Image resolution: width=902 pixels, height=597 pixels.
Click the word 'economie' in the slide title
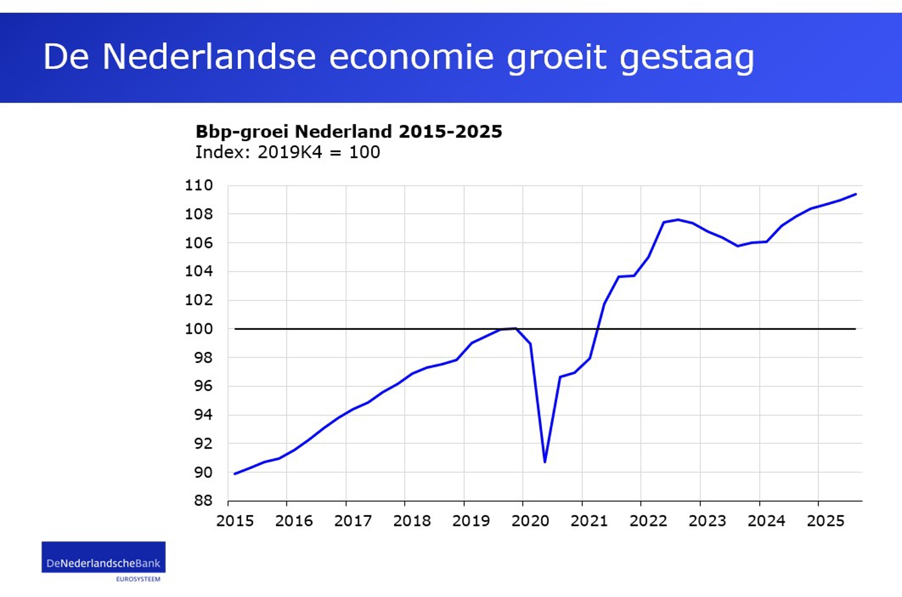[411, 57]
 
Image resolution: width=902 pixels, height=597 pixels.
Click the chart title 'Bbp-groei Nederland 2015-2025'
[348, 131]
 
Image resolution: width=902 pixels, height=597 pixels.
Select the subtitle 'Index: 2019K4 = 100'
[288, 152]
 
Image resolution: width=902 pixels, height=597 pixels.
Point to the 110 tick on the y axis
[199, 185]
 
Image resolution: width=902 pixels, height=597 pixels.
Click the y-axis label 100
[199, 329]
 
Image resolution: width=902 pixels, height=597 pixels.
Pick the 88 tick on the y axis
[203, 500]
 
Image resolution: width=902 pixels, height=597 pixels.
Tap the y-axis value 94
[203, 415]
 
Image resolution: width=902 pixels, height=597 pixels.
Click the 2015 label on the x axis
[235, 521]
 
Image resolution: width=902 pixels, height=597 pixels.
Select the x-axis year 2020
[530, 521]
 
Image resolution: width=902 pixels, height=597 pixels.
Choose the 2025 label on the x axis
[825, 521]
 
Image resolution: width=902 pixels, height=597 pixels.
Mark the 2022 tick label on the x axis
[648, 521]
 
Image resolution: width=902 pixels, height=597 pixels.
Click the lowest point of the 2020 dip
[545, 462]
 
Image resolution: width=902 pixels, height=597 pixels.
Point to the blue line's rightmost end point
[856, 194]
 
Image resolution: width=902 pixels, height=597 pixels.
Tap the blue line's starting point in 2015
[235, 474]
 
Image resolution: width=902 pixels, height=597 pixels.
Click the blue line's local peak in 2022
[678, 220]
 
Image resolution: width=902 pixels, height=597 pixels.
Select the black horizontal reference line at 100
[395, 329]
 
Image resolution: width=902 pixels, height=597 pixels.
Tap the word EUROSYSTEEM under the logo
[138, 579]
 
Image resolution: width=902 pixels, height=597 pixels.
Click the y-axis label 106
[199, 243]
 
